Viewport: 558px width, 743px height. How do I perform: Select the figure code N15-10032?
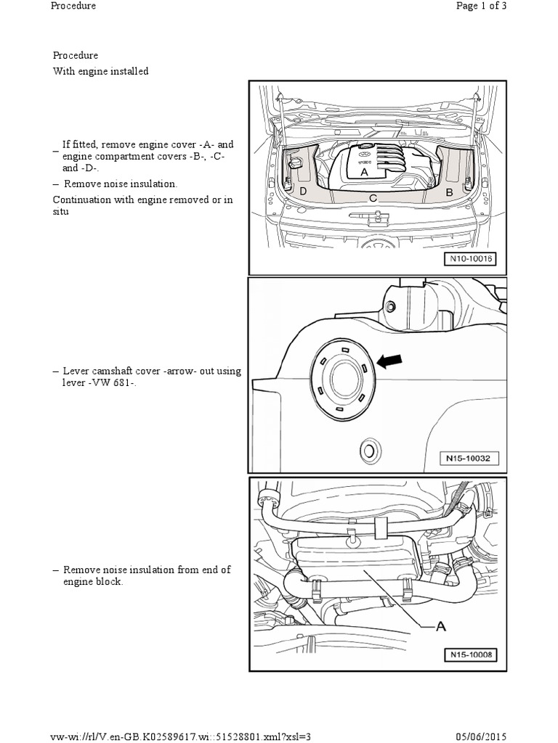pyautogui.click(x=469, y=458)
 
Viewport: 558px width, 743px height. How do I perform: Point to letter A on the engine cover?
pyautogui.click(x=365, y=173)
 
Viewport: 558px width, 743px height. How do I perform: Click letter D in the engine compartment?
pyautogui.click(x=302, y=191)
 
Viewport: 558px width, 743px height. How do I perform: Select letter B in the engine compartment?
pyautogui.click(x=449, y=192)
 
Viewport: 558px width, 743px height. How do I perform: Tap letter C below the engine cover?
pyautogui.click(x=372, y=197)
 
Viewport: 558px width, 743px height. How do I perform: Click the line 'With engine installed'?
pyautogui.click(x=100, y=71)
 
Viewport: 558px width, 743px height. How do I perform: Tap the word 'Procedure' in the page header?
pyautogui.click(x=73, y=6)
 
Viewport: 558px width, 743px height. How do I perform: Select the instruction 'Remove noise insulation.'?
pyautogui.click(x=120, y=184)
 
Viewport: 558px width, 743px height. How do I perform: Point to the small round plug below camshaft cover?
pyautogui.click(x=371, y=451)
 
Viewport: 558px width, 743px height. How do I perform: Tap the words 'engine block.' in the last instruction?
pyautogui.click(x=93, y=582)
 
